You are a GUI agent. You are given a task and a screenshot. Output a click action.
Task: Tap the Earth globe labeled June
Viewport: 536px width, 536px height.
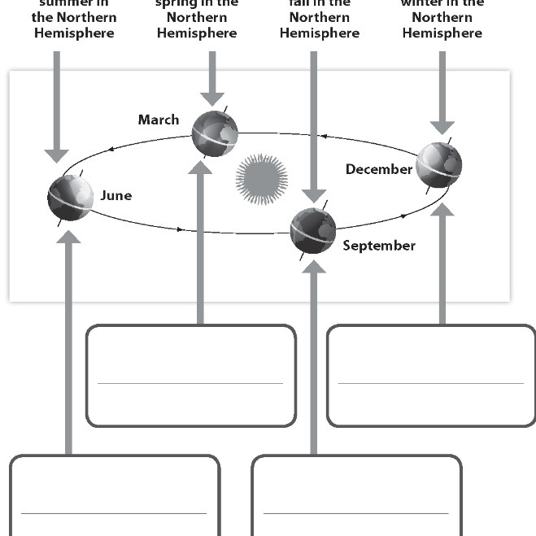[70, 196]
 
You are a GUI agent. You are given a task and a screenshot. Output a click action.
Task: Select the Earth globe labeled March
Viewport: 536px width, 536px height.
[215, 133]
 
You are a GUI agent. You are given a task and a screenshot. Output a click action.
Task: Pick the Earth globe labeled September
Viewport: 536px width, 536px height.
[313, 230]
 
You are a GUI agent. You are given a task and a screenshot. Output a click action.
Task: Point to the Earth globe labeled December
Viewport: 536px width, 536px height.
[438, 165]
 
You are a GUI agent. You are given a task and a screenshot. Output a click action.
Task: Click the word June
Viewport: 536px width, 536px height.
[116, 195]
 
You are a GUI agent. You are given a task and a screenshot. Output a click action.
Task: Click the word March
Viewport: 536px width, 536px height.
[159, 120]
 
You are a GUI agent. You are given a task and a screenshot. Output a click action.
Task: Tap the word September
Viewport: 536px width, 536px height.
[379, 246]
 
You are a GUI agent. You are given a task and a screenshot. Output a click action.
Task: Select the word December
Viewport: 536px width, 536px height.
[379, 169]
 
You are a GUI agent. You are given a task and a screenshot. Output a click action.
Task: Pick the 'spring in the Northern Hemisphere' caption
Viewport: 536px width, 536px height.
[197, 18]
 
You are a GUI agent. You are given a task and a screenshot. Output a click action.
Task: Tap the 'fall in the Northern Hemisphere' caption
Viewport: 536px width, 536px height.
[319, 18]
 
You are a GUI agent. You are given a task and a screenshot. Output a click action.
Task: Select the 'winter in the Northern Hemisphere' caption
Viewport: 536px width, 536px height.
[442, 18]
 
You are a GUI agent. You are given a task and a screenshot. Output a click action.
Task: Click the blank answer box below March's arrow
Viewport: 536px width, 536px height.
[190, 375]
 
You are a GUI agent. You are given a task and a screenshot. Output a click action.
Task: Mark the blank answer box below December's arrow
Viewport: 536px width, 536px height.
[431, 375]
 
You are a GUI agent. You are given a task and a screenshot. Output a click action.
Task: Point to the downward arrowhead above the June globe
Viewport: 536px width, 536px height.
[56, 154]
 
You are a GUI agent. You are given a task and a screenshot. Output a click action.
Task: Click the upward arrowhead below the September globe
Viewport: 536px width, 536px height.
[314, 265]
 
